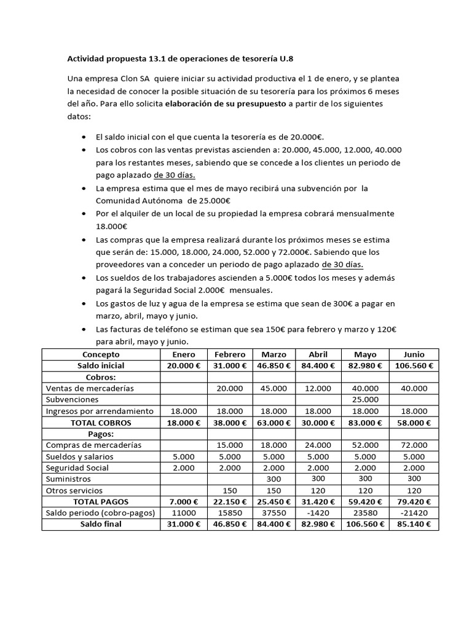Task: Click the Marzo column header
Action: click(x=273, y=354)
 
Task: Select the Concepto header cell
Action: click(x=101, y=354)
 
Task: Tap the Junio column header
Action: click(x=414, y=354)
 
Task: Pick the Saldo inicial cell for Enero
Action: click(x=181, y=365)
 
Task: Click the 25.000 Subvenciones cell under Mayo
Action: click(x=364, y=399)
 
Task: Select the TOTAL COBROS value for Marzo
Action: click(x=273, y=423)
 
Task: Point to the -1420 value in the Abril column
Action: click(x=318, y=513)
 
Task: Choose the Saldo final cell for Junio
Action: click(x=414, y=524)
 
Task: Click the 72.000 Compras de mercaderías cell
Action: click(x=414, y=445)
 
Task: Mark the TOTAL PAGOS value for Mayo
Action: click(x=364, y=501)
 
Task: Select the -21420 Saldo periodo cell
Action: click(x=414, y=513)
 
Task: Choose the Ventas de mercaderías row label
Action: click(x=90, y=388)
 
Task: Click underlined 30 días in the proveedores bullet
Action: click(x=342, y=265)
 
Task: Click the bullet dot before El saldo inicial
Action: click(x=84, y=136)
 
